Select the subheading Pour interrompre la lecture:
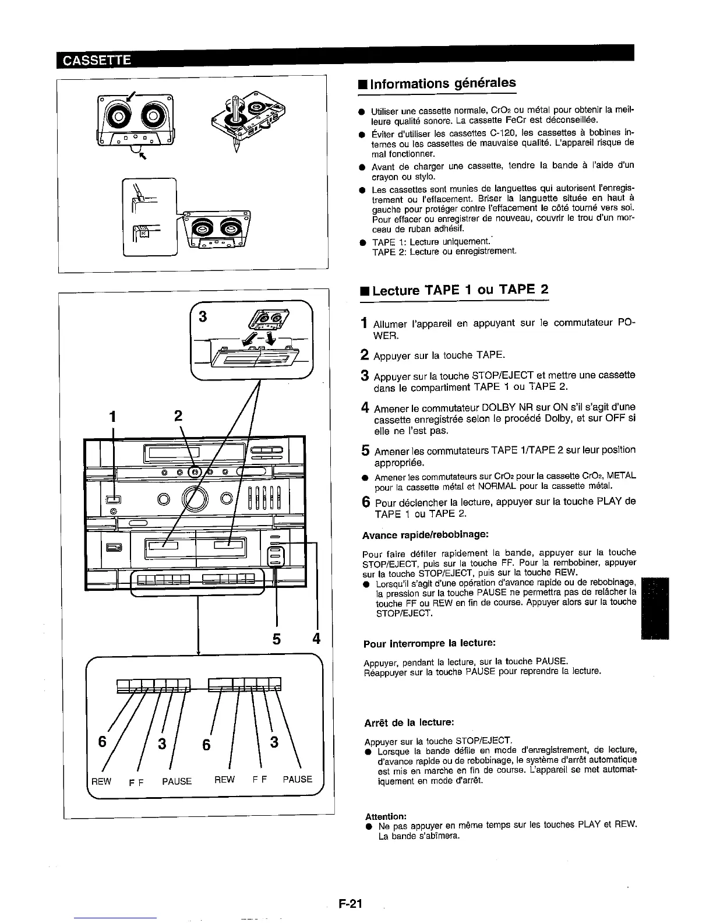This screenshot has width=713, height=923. pos(429,643)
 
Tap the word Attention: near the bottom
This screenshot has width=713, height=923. pos(386,816)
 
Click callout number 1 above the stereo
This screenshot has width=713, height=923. pos(113,417)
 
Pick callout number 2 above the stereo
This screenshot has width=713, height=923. pos(178,416)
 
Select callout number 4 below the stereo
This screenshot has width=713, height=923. pos(316,639)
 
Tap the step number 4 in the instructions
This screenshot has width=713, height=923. pos(365,406)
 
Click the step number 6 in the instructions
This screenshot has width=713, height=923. pos(365,502)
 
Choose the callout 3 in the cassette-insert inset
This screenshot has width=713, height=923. pos(203,317)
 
